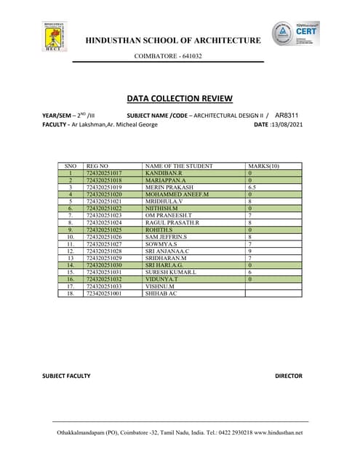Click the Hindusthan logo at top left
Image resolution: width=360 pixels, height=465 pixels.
[55, 38]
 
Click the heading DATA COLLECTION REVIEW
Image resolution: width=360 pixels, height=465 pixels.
[180, 98]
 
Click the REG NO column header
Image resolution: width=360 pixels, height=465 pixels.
[97, 166]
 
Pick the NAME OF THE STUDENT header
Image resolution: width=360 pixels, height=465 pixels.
[179, 166]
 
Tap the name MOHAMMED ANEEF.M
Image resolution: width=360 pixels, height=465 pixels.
[177, 195]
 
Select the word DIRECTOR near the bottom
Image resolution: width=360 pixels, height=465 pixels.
[288, 376]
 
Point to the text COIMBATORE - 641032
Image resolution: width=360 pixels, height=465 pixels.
[168, 56]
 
